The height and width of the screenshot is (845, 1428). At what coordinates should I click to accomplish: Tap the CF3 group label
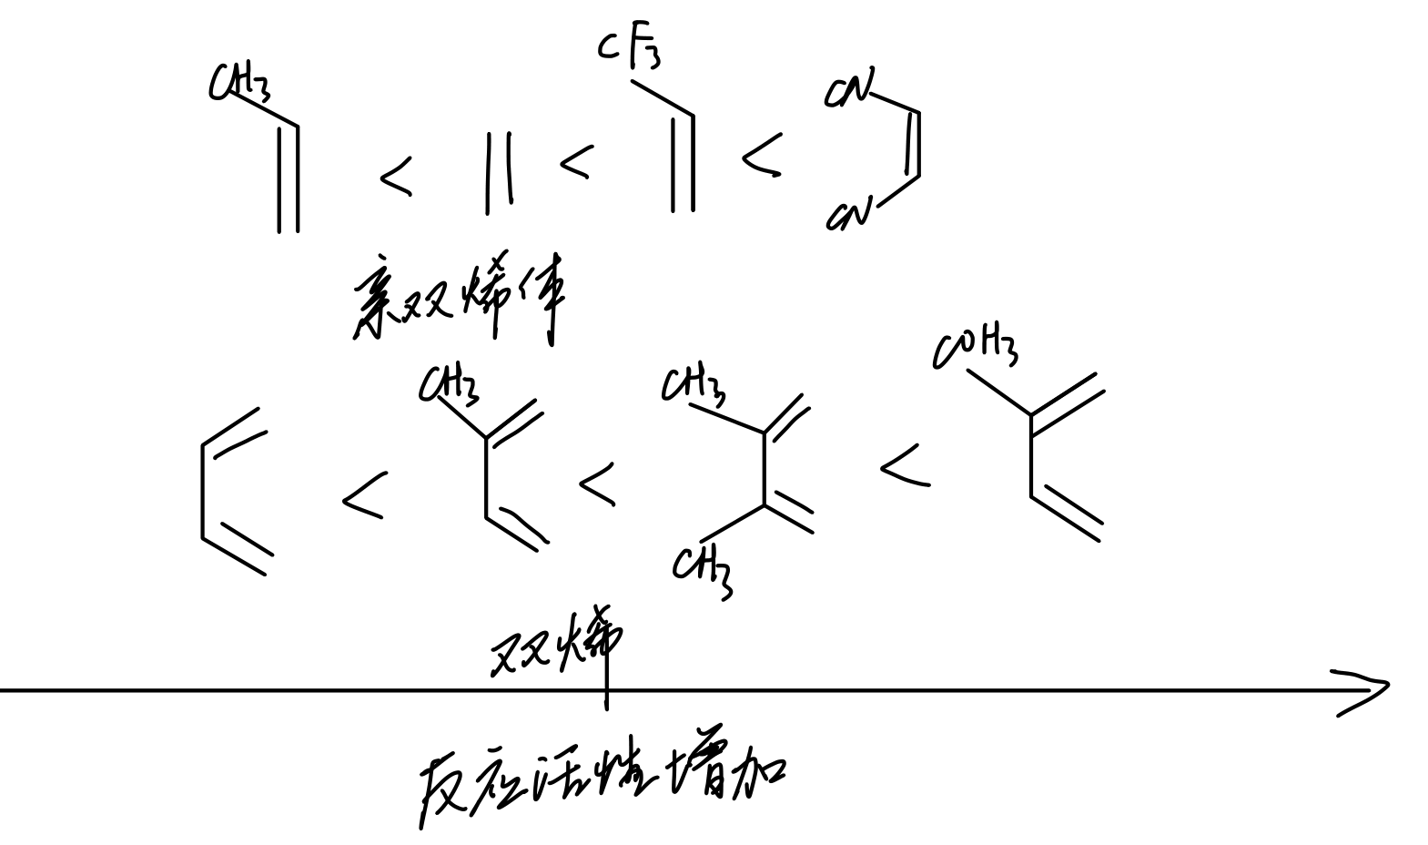[x=629, y=51]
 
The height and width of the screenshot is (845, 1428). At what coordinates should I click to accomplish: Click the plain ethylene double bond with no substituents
[x=498, y=173]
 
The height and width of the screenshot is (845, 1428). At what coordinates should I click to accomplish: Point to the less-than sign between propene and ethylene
[x=395, y=178]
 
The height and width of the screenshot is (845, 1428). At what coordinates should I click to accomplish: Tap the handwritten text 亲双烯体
[x=460, y=300]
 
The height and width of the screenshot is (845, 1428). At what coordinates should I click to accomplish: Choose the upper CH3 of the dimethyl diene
[x=694, y=385]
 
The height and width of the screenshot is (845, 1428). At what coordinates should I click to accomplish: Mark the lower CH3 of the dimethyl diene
[x=704, y=569]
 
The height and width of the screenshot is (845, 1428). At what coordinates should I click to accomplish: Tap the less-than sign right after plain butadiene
[x=363, y=496]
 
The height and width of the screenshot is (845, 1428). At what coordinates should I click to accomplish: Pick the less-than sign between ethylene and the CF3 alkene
[x=574, y=162]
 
